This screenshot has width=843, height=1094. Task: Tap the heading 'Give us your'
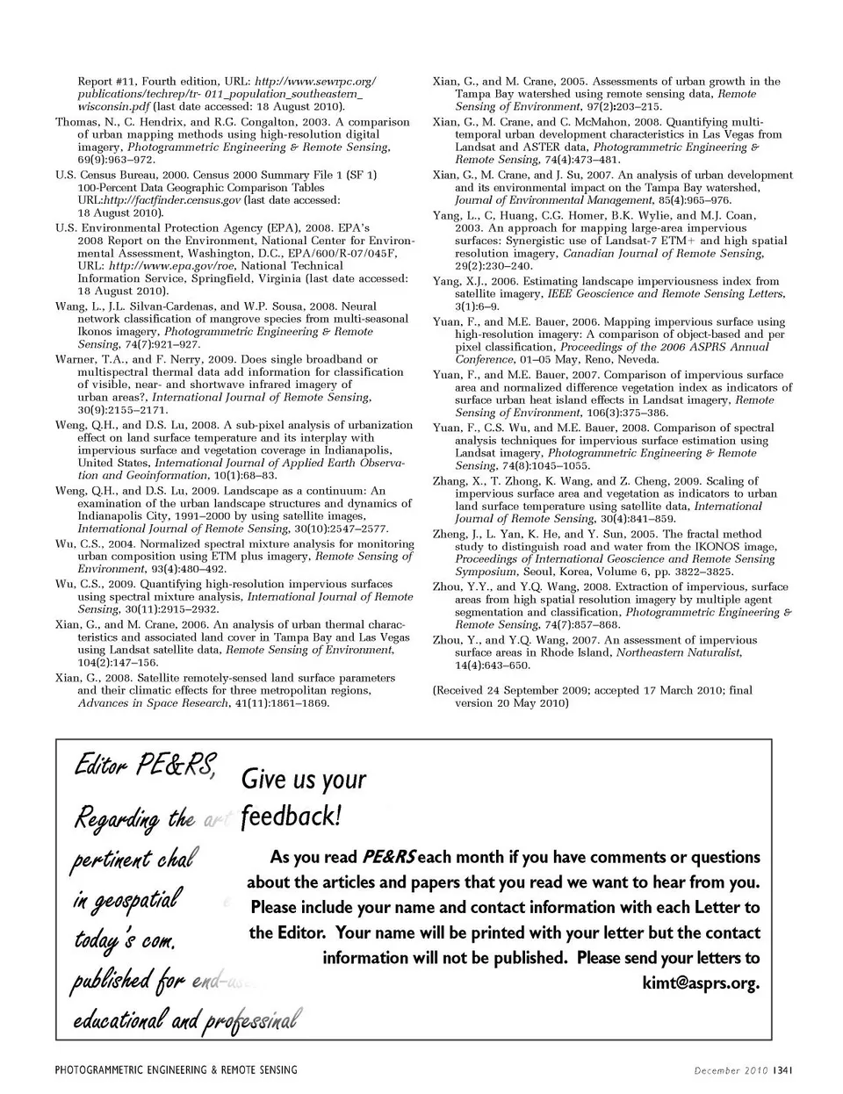303,779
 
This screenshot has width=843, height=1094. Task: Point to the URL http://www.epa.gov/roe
172,265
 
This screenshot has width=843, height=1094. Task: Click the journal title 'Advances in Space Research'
153,703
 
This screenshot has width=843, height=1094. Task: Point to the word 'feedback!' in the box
290,816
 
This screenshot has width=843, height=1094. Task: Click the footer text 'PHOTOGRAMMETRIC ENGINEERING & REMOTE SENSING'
177,1069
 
